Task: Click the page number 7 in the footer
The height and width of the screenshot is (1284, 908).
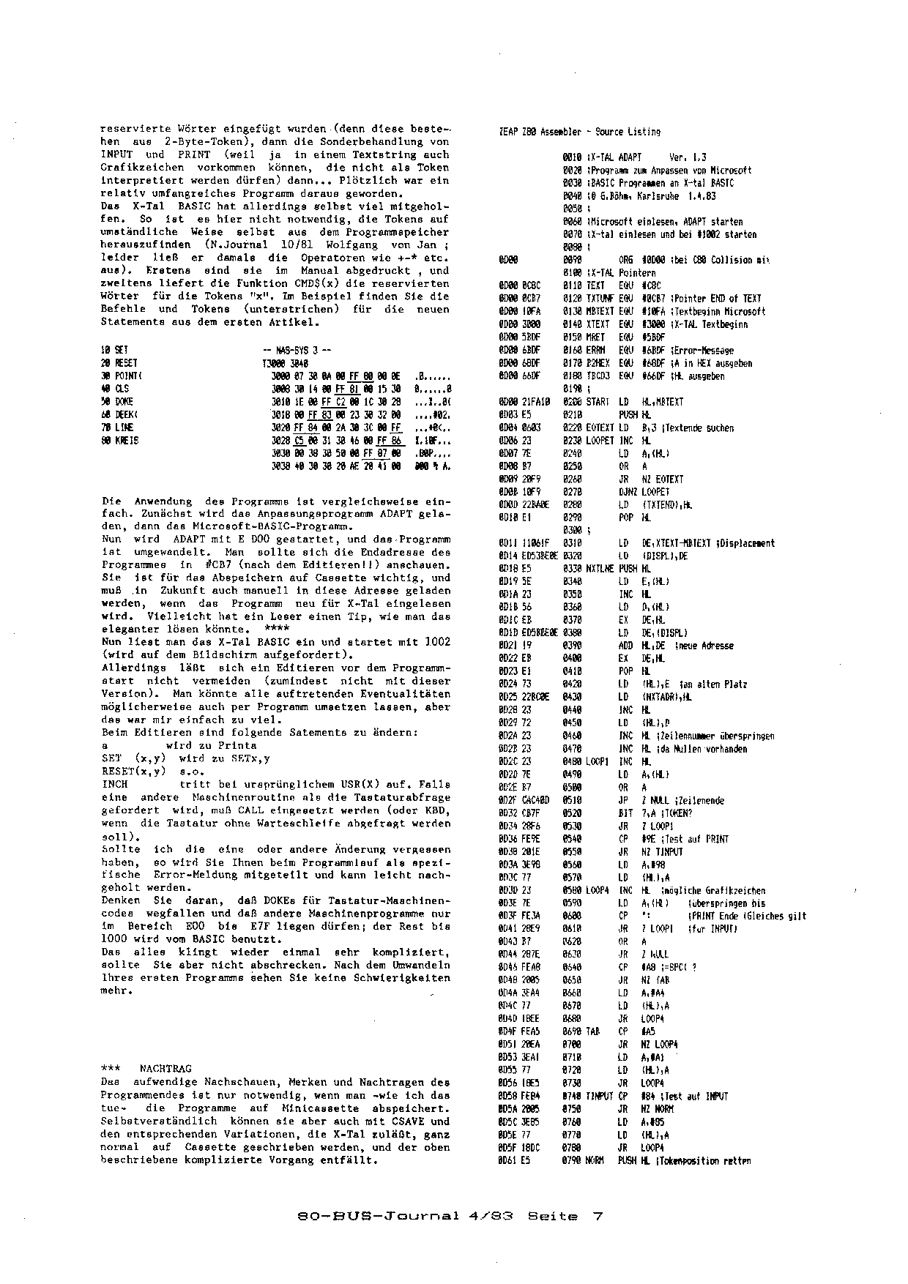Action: pos(597,1217)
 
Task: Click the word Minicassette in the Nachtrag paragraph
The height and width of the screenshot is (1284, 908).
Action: pos(331,1108)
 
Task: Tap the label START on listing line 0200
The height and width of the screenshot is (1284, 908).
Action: pos(598,402)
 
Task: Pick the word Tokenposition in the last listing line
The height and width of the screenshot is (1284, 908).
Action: pos(694,1161)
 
